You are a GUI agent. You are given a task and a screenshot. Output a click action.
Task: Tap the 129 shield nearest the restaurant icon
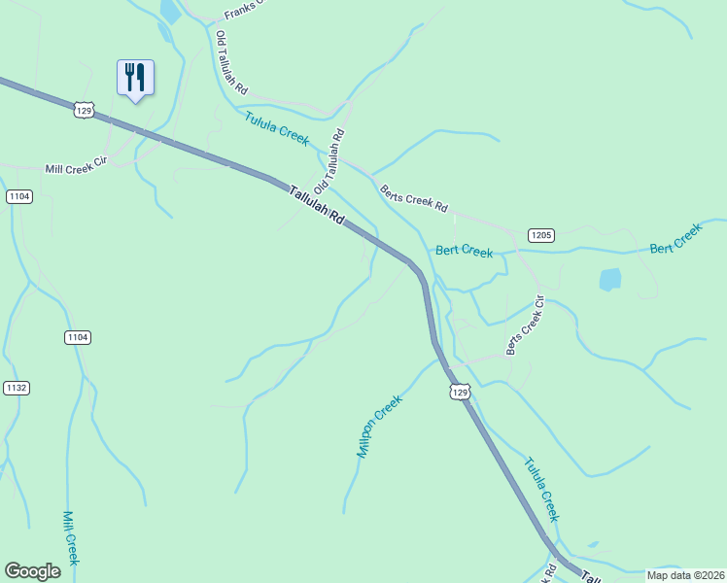85,111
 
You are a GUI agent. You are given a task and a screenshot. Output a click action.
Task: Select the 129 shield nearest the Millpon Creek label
460,392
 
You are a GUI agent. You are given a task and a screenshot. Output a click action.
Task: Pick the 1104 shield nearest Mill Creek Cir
19,196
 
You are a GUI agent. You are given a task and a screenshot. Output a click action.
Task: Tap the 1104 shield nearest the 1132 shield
79,337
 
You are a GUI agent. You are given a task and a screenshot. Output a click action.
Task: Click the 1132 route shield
17,388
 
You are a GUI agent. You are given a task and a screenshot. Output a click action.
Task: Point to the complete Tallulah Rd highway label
317,205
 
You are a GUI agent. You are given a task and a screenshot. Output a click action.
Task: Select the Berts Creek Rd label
414,199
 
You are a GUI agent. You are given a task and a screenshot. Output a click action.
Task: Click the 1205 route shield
541,235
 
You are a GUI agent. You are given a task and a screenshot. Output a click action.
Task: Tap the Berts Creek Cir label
526,326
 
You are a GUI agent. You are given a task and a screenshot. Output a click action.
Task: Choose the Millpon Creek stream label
379,426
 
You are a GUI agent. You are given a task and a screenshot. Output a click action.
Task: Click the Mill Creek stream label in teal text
70,537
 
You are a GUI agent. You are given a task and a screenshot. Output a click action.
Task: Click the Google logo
33,571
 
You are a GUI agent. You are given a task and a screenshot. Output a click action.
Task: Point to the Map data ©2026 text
685,575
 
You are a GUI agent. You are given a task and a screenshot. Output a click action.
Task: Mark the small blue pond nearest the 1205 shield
610,280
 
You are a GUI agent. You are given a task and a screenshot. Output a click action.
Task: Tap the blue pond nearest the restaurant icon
171,12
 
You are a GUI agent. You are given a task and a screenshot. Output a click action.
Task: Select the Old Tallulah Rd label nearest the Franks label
231,61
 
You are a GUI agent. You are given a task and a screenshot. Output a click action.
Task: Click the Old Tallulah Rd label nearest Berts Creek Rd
329,159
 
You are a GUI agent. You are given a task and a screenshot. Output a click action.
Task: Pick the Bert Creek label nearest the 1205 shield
464,251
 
